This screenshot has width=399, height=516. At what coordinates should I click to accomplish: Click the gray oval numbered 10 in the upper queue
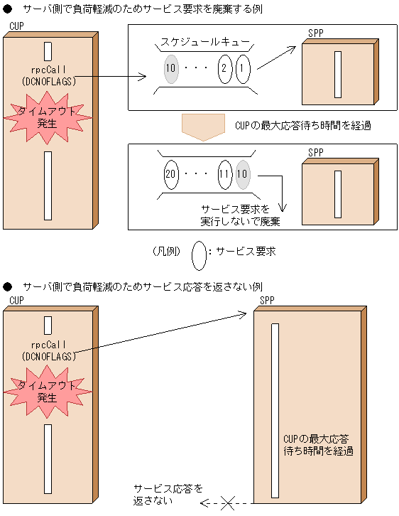(170, 70)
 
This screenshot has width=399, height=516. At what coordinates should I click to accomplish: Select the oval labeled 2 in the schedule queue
(224, 70)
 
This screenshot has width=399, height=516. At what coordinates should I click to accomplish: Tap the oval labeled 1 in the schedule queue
(243, 70)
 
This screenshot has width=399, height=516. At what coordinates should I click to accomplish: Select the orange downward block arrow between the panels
(203, 126)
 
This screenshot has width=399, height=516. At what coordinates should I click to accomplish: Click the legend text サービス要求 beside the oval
(245, 252)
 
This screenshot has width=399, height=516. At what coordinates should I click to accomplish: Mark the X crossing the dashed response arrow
(227, 504)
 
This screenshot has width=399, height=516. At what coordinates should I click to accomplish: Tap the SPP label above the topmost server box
(316, 33)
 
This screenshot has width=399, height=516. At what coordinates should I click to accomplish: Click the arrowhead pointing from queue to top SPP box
(292, 50)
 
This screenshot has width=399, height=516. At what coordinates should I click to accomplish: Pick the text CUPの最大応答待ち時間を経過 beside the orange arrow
(302, 125)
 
